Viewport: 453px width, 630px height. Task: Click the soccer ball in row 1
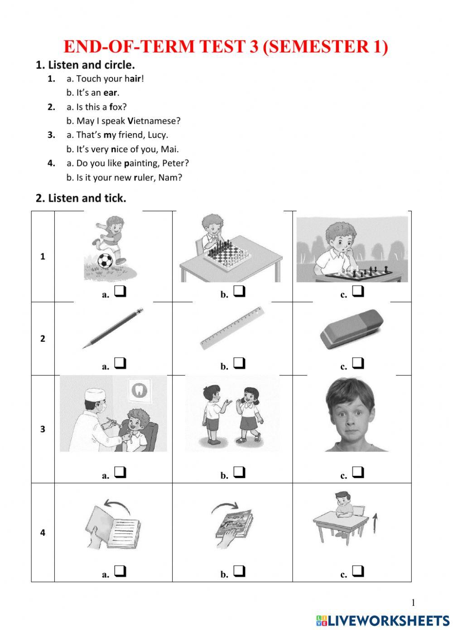click(105, 261)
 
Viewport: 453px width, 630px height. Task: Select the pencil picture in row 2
click(113, 328)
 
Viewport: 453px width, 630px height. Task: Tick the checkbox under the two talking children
click(240, 473)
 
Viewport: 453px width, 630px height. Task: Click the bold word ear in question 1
click(111, 93)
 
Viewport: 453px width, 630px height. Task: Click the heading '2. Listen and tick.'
click(81, 198)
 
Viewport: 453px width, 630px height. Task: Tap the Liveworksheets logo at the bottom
click(383, 620)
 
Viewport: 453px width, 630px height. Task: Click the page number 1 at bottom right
click(413, 602)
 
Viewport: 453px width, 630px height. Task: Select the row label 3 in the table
click(43, 429)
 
